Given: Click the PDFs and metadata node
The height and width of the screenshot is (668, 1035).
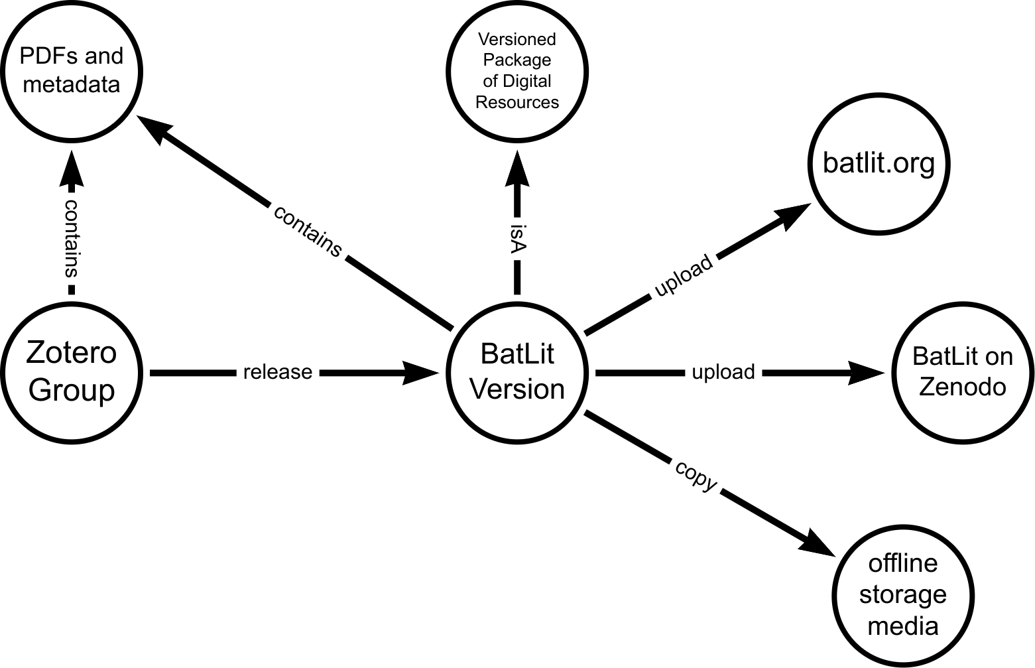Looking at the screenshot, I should [72, 71].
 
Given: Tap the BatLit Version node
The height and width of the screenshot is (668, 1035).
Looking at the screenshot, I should [517, 371].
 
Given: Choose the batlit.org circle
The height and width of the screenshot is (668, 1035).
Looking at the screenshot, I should [879, 163].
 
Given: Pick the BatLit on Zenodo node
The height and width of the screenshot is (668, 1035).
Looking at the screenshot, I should [962, 371].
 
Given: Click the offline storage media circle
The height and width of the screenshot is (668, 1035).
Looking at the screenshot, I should [902, 594].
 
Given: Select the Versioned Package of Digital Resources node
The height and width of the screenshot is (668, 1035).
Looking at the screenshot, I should [517, 71].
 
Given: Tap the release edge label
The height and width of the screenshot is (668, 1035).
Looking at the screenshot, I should [278, 372].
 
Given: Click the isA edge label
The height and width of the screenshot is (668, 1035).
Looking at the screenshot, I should [517, 239].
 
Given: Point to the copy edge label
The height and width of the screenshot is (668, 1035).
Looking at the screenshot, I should [696, 476].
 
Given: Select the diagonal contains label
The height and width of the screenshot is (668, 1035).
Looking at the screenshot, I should [308, 231].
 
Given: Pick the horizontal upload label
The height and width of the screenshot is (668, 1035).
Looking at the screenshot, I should [723, 372].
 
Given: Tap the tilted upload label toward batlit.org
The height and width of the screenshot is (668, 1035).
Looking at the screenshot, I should [684, 277].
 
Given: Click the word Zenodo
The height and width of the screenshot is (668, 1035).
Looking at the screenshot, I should [962, 387].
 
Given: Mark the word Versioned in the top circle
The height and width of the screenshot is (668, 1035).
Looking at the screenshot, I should [517, 39].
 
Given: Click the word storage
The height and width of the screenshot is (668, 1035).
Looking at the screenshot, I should [902, 594].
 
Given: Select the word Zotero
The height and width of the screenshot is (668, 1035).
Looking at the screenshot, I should [72, 352].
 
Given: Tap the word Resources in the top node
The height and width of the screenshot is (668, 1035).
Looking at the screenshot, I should [517, 103].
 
